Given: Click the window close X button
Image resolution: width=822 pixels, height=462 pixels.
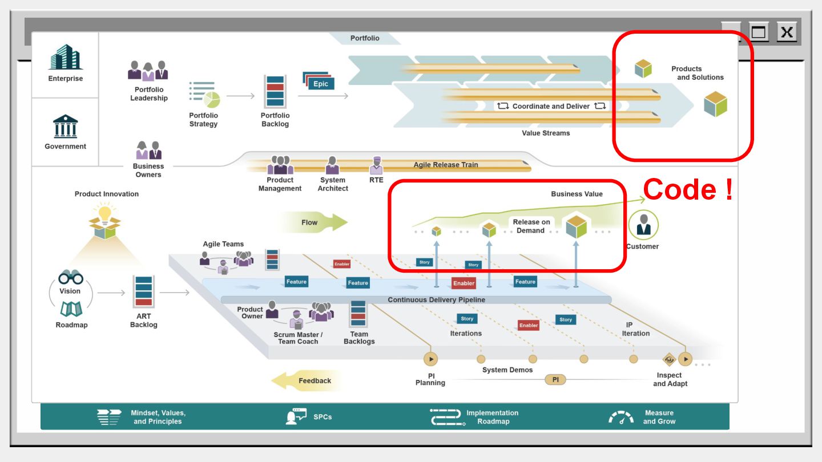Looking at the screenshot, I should point(787,32).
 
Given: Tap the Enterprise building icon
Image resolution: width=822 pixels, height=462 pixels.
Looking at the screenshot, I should point(65,58).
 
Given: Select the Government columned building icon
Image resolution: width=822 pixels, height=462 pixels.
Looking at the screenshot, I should point(65,126).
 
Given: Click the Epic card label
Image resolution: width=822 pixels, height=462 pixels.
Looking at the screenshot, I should point(321,83).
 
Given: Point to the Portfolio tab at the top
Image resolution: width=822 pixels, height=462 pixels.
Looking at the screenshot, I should point(365,38).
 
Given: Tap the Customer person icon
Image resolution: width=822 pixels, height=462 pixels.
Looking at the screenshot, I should point(643,225).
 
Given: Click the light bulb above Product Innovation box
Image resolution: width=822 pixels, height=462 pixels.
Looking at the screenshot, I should point(106,214).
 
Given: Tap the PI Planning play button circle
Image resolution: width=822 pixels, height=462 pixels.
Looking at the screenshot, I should point(430,359).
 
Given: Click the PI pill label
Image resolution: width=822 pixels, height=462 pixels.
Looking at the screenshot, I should point(555,380).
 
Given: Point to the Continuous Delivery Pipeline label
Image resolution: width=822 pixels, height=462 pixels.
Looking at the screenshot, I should point(436,300).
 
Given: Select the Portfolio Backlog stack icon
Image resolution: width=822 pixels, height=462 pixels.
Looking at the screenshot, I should point(275,92).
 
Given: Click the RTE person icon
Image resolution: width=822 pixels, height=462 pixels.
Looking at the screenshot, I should point(376,165).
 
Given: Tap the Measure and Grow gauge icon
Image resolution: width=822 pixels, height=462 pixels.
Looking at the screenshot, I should point(621,418).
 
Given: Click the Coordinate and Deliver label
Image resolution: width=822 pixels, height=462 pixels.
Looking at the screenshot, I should point(551,106).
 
